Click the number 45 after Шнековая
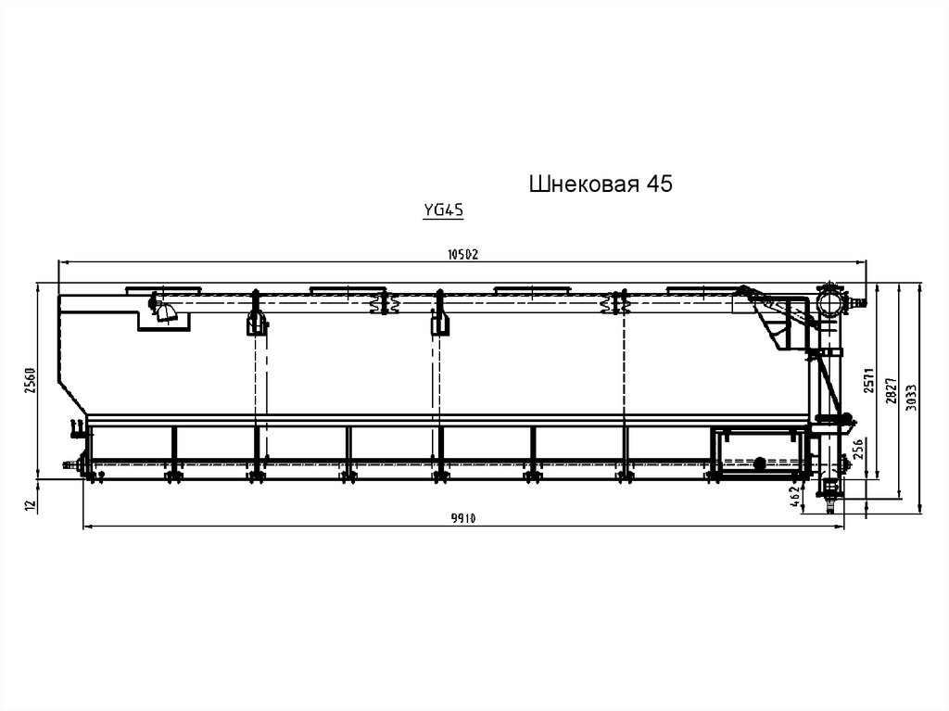point(660,184)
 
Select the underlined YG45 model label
point(443,210)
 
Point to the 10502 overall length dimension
point(463,254)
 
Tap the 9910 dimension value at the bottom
point(463,518)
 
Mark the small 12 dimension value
point(32,502)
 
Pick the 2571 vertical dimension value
point(869,380)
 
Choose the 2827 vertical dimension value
point(891,390)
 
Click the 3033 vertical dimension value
point(912,398)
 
